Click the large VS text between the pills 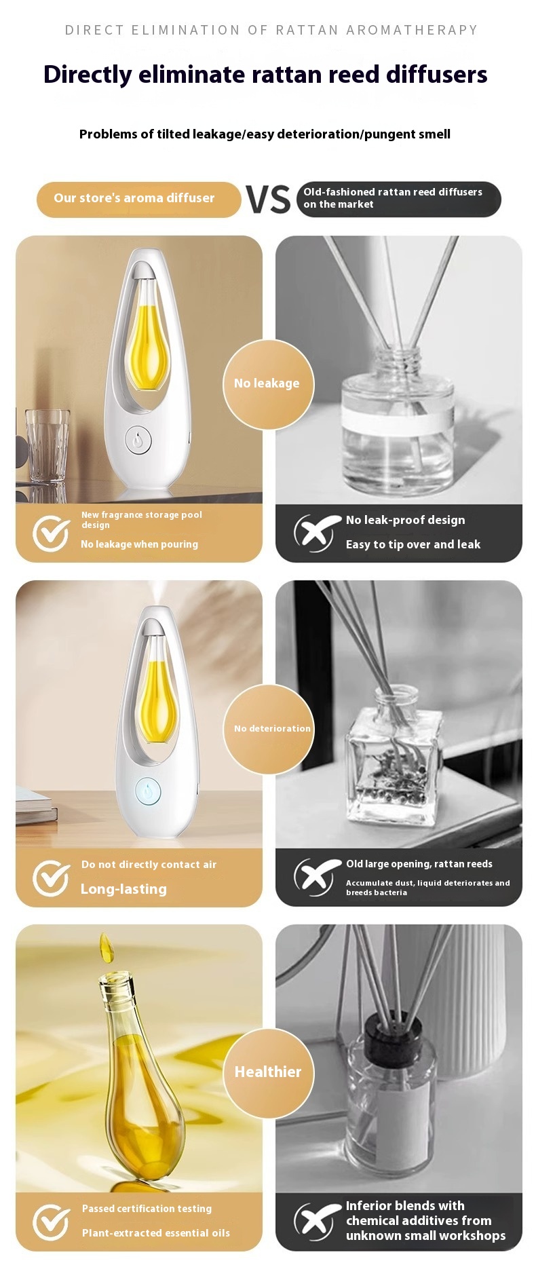(x=268, y=200)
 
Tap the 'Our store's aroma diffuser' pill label (x=138, y=199)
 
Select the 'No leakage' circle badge (x=269, y=384)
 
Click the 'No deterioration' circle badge (x=269, y=729)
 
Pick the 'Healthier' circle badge (x=269, y=1073)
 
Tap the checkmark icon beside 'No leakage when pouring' (x=52, y=533)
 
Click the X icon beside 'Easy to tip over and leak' (x=315, y=533)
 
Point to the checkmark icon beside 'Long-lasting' (x=52, y=878)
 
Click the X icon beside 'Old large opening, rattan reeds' (x=315, y=878)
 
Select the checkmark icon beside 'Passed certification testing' (x=52, y=1222)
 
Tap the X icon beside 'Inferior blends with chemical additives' (x=315, y=1222)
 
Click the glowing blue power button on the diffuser (x=148, y=791)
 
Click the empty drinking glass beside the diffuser (x=47, y=445)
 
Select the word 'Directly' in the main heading (x=88, y=75)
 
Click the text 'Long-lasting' (x=123, y=889)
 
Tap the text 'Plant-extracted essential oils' (x=156, y=1233)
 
